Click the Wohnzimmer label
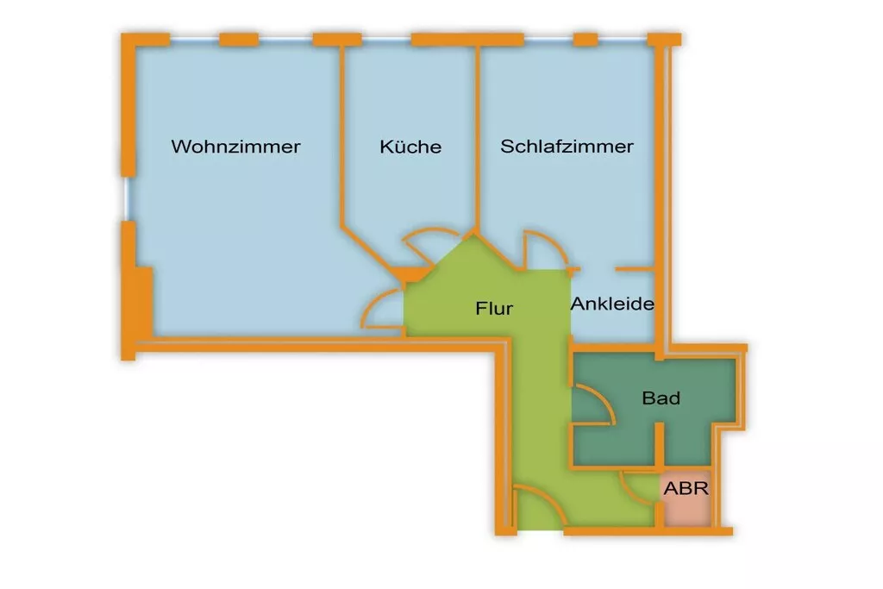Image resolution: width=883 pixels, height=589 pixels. (235, 147)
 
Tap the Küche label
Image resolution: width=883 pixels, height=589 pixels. (410, 147)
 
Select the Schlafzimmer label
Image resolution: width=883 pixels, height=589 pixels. (567, 147)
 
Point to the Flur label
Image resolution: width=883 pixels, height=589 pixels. (494, 307)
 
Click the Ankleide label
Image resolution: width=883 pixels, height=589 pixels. (612, 304)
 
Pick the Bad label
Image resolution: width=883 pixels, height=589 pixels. (661, 398)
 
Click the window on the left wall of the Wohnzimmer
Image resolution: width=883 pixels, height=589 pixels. (127, 199)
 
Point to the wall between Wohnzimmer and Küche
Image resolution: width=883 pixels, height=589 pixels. (342, 138)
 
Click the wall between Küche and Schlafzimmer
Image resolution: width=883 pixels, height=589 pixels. (475, 138)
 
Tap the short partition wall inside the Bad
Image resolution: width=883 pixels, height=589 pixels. (660, 444)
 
